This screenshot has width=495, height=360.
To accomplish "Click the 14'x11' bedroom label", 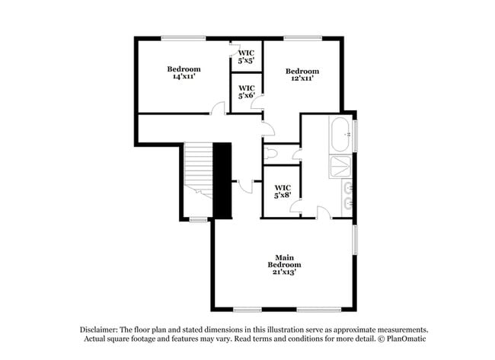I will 184,73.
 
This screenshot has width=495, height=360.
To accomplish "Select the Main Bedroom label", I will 282,263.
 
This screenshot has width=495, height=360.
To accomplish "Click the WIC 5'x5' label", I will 245,56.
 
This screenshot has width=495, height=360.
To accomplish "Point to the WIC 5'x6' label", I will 245,91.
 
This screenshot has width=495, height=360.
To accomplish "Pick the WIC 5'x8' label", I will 283,191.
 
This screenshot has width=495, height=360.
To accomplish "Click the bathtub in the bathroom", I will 340,135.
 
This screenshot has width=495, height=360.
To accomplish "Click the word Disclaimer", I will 99,330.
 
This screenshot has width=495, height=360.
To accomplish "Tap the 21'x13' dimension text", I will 282,272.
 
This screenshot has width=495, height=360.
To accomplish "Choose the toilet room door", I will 296,156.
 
